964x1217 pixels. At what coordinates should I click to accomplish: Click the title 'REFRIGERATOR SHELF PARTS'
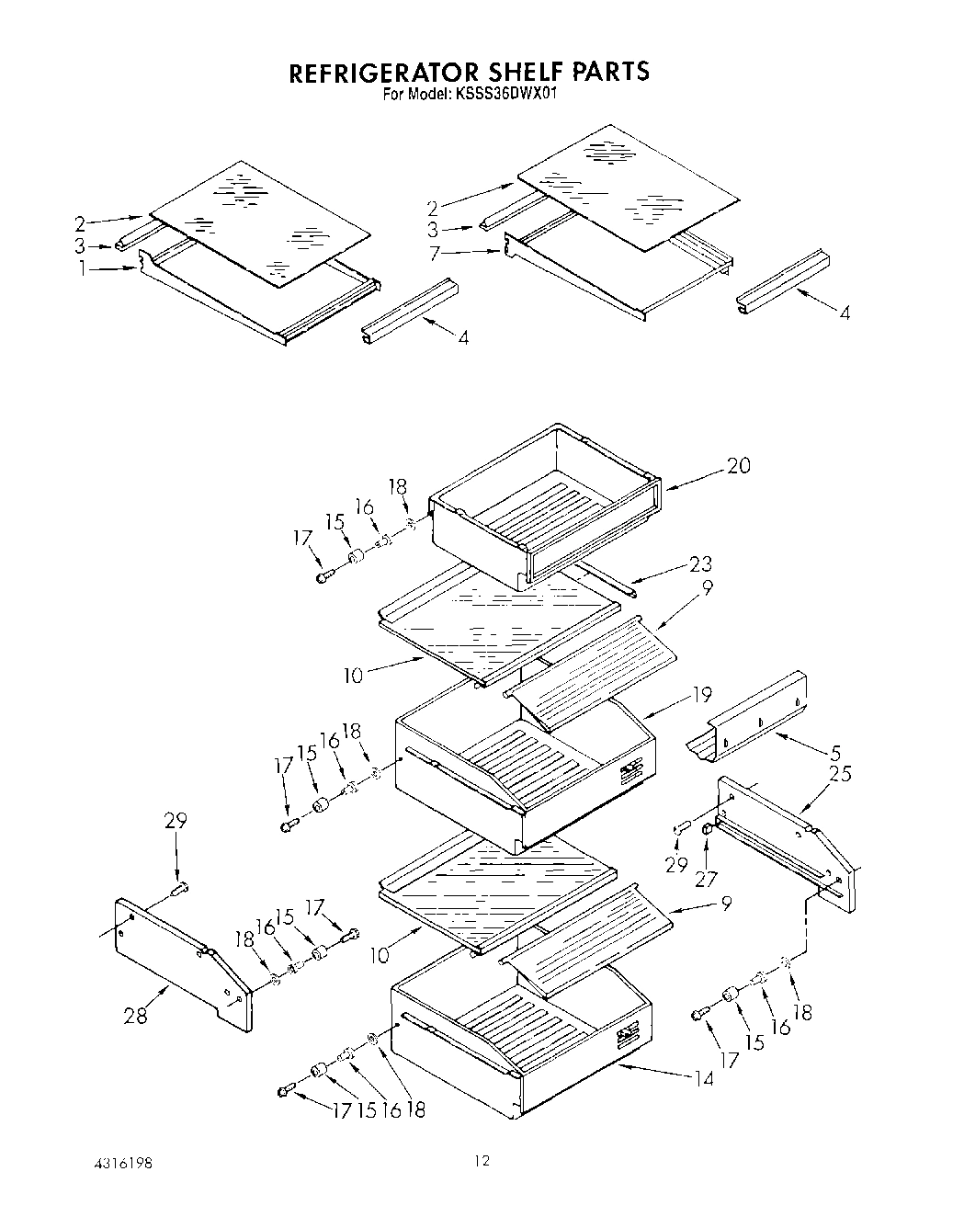tap(470, 72)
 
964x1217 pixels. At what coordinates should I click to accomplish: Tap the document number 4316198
tap(120, 1163)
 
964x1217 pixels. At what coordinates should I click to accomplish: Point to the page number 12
tap(482, 1162)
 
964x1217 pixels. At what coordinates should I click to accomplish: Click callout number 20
tap(738, 466)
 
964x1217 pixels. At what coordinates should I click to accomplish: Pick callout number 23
tap(699, 563)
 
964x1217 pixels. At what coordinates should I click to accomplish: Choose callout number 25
tap(839, 773)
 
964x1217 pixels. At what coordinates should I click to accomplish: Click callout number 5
tap(834, 750)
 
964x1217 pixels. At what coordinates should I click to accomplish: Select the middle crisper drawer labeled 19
tap(524, 772)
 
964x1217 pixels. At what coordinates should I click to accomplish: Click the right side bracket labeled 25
tap(790, 841)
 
